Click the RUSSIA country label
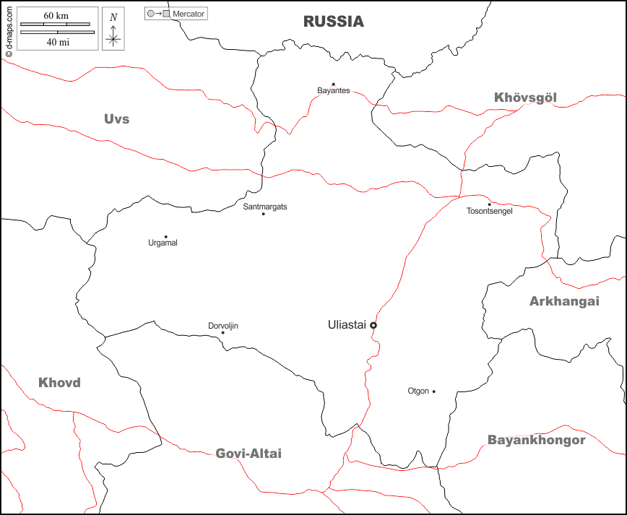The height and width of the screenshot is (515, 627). point(333,22)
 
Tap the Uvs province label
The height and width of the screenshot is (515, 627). point(116,118)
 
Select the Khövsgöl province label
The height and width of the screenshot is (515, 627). point(525,98)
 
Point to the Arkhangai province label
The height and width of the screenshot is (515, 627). point(564,301)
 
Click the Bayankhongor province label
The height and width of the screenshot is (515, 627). point(536,439)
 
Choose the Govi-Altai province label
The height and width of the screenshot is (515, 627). point(248,454)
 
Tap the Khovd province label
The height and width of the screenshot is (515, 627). point(59,383)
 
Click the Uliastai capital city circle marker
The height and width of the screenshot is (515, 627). point(373,326)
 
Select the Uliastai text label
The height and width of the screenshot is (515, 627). point(347,325)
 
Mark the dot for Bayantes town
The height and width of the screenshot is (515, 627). point(333,84)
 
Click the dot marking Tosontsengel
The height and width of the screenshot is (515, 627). point(489,204)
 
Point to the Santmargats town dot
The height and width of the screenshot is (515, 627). point(263,214)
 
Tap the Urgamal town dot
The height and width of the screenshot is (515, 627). point(165,236)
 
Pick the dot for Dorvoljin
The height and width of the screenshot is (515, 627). point(222,332)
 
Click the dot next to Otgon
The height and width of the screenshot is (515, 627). point(434,391)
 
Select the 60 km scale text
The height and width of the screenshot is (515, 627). point(56,16)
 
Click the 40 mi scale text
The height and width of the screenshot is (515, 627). point(57,41)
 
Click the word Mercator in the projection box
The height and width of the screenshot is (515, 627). point(189,14)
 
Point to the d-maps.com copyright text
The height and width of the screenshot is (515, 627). point(9,29)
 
